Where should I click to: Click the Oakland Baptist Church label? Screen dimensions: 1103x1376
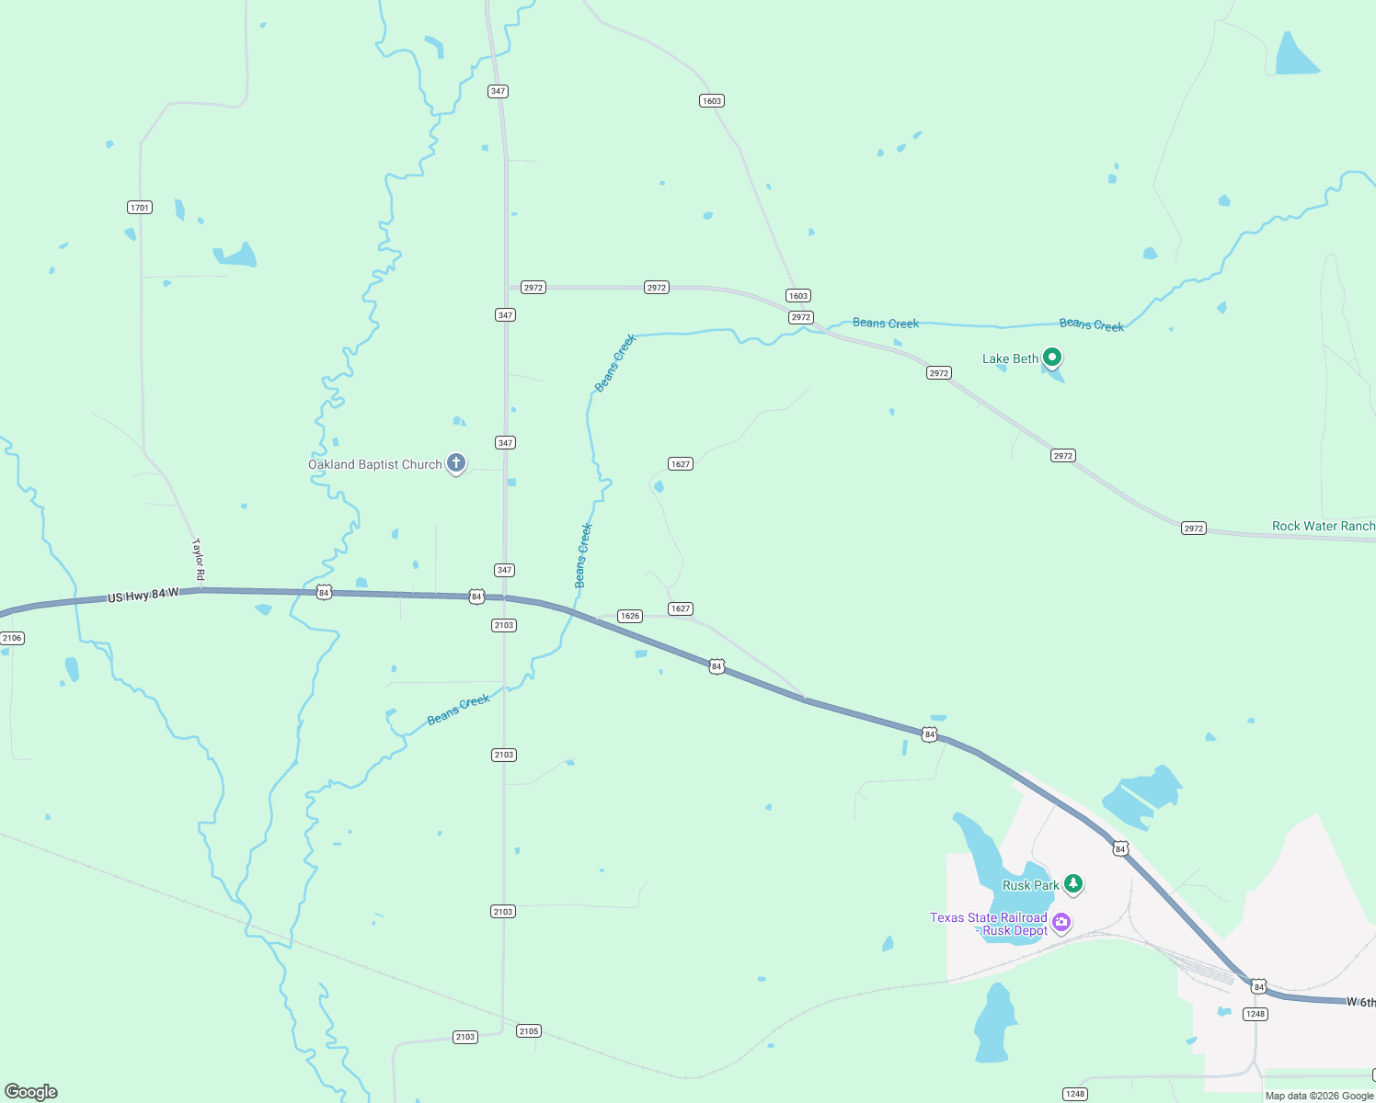[375, 465]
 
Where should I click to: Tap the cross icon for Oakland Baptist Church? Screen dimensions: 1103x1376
[456, 463]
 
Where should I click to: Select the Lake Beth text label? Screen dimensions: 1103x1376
[1010, 359]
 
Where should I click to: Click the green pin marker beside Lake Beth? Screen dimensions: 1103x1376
[1052, 357]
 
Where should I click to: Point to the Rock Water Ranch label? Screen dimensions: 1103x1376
[1323, 527]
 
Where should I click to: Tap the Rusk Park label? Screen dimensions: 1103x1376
[1030, 886]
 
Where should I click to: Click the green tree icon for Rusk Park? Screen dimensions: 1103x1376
[1072, 884]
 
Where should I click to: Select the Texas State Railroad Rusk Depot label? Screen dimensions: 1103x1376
[989, 925]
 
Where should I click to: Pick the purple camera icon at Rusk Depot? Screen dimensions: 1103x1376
[1061, 922]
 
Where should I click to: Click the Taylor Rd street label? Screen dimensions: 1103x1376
[198, 560]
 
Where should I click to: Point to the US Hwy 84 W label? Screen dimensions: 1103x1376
[143, 596]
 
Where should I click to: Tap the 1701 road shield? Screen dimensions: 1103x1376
[140, 208]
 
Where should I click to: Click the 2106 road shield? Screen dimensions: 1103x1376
[12, 638]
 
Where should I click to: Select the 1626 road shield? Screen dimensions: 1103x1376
[630, 616]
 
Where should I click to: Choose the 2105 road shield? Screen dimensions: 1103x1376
[529, 1031]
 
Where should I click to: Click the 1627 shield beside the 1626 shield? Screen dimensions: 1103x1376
[681, 608]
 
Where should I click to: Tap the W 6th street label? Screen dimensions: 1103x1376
[1360, 1002]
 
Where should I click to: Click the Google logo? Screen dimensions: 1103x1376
[31, 1092]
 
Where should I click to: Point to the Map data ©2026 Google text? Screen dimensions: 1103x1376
[1319, 1096]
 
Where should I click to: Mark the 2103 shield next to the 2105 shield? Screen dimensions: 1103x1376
[465, 1037]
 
